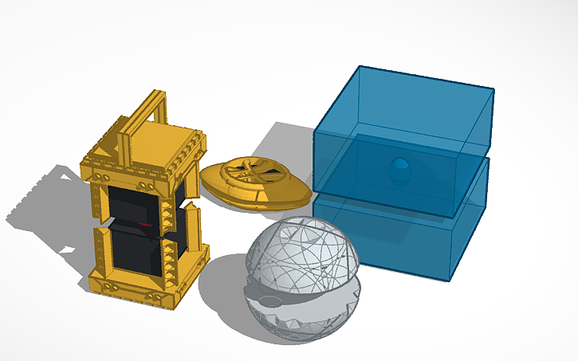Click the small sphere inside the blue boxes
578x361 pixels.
point(401,169)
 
